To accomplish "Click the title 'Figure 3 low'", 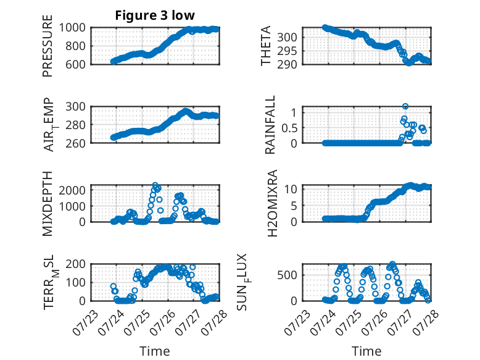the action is [x=155, y=15].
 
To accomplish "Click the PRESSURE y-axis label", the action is [x=48, y=46].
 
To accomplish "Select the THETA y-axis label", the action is [x=266, y=46].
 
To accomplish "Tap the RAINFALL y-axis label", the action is [x=270, y=124].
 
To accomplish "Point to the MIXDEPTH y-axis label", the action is [x=48, y=203].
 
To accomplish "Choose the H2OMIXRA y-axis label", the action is [x=272, y=203].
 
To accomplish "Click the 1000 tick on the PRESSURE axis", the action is [x=72, y=28].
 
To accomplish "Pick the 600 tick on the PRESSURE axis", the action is [x=75, y=64].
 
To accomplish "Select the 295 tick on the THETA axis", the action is [x=287, y=51].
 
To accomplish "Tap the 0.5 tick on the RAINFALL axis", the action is [x=289, y=128].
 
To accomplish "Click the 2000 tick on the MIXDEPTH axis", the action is [x=72, y=190].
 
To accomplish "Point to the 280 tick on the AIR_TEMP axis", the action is [x=75, y=125].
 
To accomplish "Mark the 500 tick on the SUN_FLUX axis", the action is [x=287, y=275].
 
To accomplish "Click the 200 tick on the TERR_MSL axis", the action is [x=75, y=264].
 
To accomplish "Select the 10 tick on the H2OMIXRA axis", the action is [x=291, y=189].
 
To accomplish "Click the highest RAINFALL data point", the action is [x=405, y=106].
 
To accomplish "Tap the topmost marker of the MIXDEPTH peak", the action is [x=155, y=185].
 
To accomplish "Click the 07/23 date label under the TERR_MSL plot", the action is [x=85, y=322].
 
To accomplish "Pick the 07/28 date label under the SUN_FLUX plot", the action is [x=426, y=322].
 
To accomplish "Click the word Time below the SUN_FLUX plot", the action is [x=366, y=351].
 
